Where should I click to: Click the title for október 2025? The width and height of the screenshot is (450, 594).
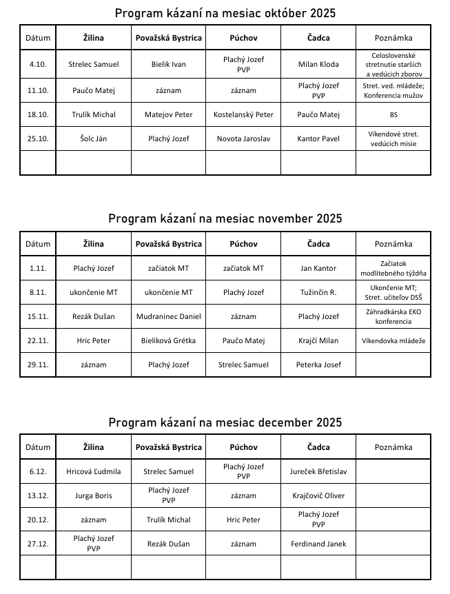point(225,13)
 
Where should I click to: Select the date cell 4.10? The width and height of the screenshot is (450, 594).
point(37,64)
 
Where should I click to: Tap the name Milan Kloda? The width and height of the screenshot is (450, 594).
point(318,64)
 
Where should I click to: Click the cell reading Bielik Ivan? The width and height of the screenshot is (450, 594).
point(168,64)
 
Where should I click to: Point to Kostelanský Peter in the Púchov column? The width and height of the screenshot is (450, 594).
point(243,114)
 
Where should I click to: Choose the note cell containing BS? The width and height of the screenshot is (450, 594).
point(393,114)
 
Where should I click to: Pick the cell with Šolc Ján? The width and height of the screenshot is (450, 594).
point(93,139)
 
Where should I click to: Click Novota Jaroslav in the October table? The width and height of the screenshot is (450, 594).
point(243,139)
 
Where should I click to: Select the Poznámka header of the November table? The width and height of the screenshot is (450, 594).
point(393,244)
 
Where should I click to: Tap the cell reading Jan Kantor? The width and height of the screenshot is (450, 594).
point(318,268)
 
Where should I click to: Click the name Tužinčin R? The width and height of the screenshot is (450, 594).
point(318,292)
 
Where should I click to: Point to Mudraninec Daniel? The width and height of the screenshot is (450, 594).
point(168,316)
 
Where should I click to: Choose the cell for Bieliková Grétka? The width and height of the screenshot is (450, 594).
point(168,340)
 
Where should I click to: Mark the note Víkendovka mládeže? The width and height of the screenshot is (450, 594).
point(393,340)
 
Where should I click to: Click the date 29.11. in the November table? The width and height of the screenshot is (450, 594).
point(37,365)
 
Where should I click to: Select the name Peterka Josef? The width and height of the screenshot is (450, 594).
point(318,365)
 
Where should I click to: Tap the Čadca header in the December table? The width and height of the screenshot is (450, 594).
point(318,447)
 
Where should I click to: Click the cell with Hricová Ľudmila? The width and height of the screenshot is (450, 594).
point(93,471)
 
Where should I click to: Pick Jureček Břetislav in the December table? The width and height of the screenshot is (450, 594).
point(318,471)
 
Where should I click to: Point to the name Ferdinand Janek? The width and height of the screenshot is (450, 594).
point(318,544)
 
